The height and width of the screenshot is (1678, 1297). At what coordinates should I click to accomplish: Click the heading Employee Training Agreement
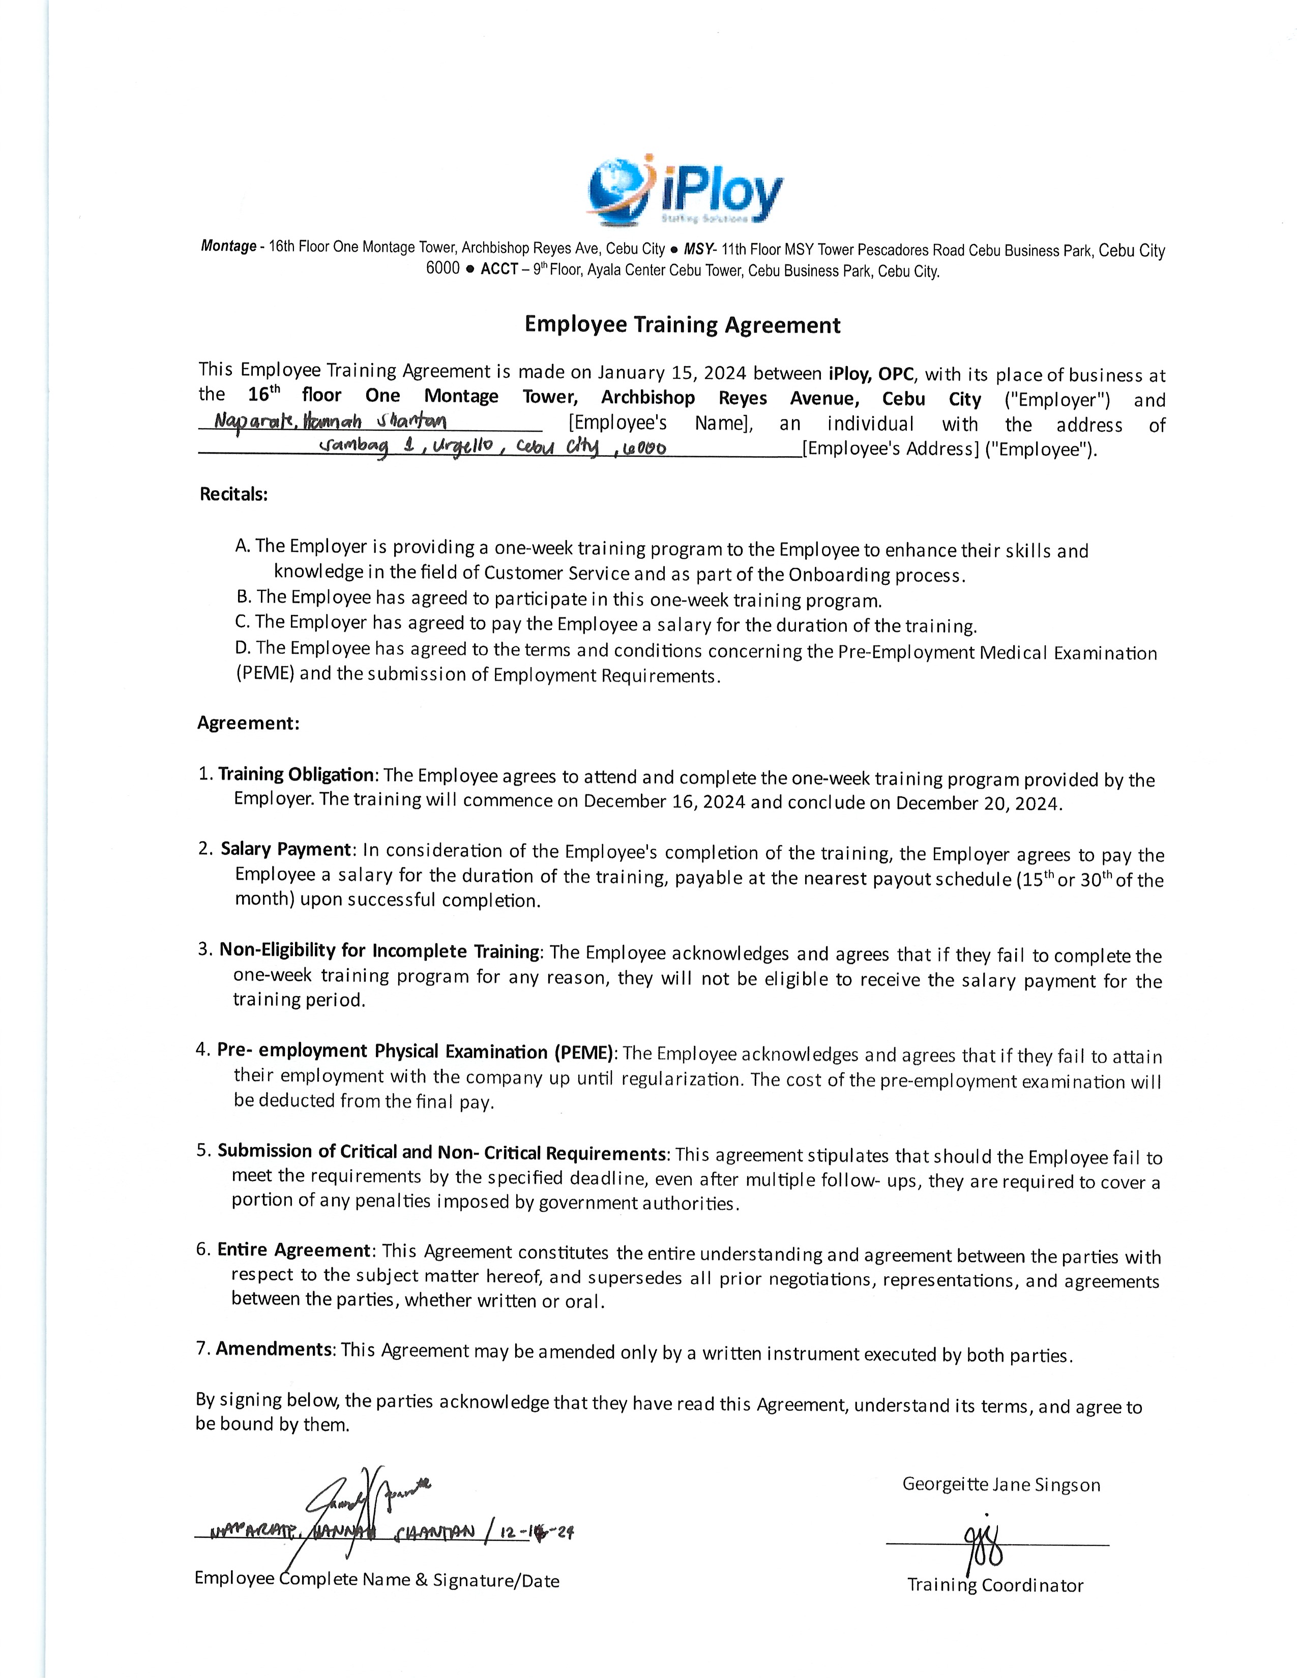pos(682,325)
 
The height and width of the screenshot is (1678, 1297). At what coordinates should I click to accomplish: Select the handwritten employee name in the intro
pos(331,422)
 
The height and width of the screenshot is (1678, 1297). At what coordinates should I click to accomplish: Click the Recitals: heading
pos(233,494)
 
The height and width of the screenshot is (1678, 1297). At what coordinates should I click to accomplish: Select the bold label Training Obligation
pos(297,774)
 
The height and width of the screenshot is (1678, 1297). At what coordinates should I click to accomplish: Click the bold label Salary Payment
pos(286,849)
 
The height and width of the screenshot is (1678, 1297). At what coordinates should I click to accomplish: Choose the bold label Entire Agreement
pos(294,1250)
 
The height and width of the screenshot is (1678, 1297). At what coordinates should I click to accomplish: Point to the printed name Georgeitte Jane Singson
pos(1001,1484)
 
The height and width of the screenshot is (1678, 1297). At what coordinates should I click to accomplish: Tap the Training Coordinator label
pos(995,1585)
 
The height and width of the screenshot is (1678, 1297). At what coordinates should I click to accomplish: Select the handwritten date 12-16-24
pos(536,1533)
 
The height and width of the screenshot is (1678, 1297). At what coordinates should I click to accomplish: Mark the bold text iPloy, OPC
pos(871,375)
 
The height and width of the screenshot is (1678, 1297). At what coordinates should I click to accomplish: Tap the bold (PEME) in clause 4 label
pos(582,1053)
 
